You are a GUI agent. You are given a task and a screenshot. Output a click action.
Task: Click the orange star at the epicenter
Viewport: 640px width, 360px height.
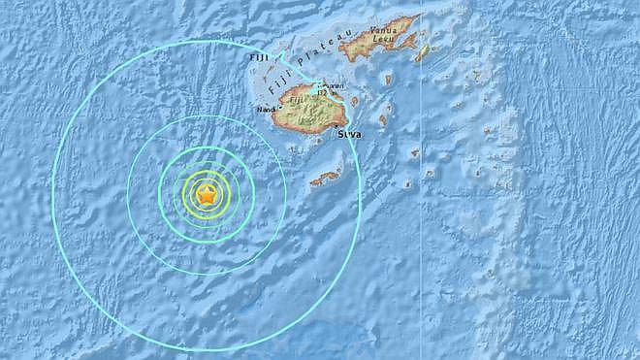pyautogui.click(x=206, y=195)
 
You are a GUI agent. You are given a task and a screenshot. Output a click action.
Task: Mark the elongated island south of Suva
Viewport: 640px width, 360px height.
pyautogui.click(x=326, y=178)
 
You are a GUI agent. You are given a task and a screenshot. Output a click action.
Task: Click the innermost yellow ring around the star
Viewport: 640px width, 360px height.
pyautogui.click(x=206, y=182)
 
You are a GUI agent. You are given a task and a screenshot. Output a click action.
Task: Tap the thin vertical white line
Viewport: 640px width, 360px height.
pyautogui.click(x=420, y=243)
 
